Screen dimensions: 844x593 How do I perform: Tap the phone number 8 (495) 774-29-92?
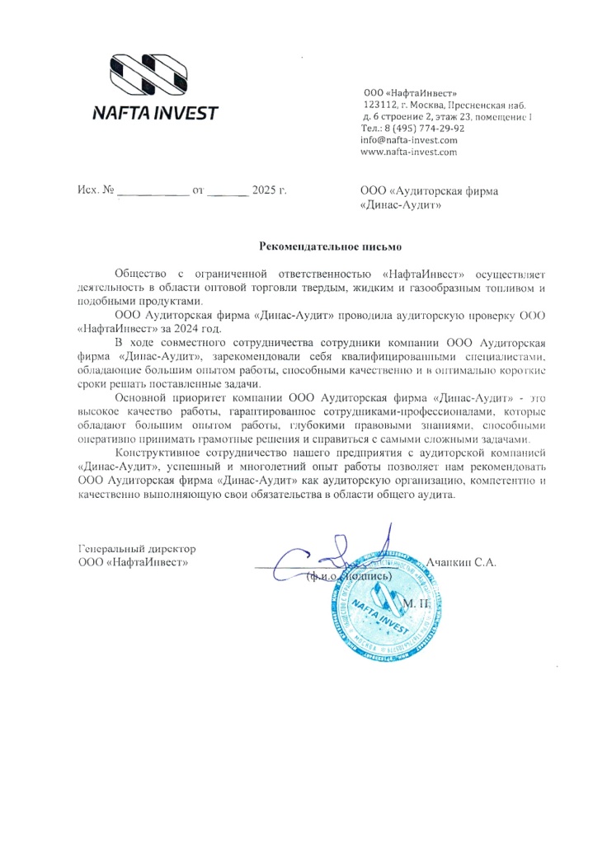coord(424,129)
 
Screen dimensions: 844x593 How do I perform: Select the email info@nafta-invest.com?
coord(409,140)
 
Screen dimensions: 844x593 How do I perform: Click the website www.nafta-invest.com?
coord(409,152)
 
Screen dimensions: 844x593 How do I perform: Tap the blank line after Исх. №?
coord(153,191)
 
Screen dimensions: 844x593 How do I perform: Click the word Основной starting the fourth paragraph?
coord(140,397)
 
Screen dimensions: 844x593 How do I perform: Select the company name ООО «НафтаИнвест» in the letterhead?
coord(410,92)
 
